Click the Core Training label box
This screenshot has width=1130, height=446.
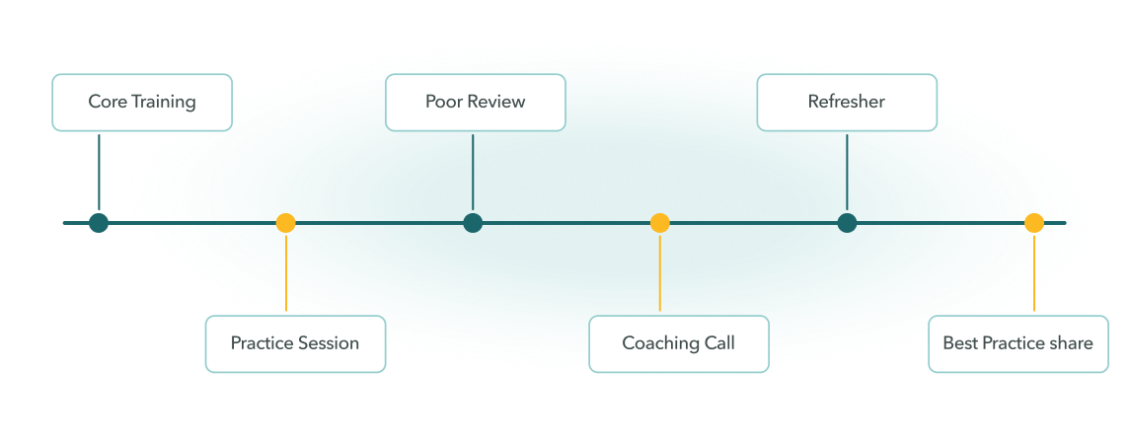click(142, 103)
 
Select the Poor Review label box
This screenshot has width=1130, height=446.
click(476, 103)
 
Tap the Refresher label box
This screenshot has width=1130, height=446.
click(847, 103)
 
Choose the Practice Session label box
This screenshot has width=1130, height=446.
click(295, 343)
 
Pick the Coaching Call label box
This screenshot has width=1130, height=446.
click(679, 343)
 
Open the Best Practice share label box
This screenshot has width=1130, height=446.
click(1018, 343)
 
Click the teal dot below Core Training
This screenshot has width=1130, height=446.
click(99, 223)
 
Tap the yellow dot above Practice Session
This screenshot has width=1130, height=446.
click(286, 223)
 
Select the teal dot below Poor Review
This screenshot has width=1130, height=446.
click(473, 223)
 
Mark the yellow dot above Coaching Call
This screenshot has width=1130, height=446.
click(660, 223)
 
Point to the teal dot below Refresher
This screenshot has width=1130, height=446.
click(847, 223)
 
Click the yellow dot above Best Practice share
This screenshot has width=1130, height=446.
click(1034, 223)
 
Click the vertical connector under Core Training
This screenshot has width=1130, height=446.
click(99, 173)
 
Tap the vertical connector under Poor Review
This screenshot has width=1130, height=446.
click(473, 173)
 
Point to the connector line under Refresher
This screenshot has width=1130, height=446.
click(847, 173)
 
